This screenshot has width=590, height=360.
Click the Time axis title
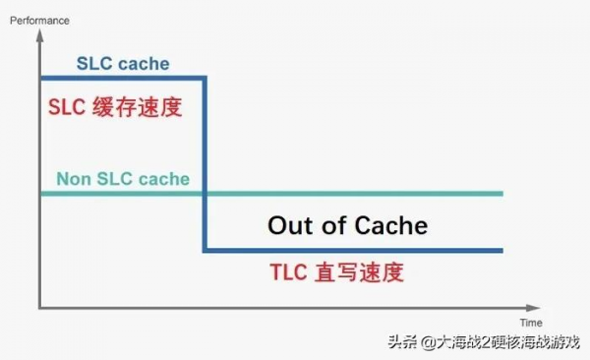point(531,321)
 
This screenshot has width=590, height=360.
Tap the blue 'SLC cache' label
point(123,64)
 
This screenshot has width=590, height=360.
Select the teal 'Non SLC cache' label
point(123,179)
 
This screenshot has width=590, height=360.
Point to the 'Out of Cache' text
point(347,225)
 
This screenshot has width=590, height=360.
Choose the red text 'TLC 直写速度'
point(337,272)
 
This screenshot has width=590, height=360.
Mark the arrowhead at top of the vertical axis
point(39,33)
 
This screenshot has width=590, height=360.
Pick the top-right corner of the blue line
point(204,77)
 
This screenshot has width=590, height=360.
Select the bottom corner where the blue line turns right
point(204,251)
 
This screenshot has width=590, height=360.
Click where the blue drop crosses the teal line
point(204,194)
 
